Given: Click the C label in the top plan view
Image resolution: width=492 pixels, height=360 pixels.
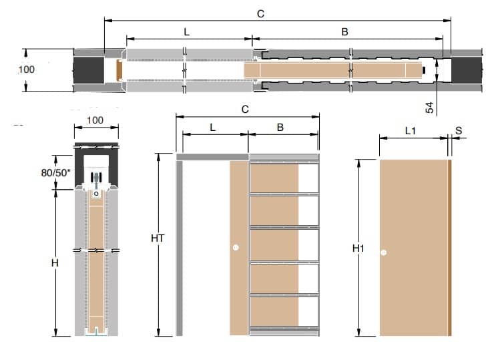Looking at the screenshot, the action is (x=260, y=14).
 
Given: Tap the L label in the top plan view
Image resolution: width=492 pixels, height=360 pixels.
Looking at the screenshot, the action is (x=187, y=32).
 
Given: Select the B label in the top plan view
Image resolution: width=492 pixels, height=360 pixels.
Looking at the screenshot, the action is (x=344, y=31).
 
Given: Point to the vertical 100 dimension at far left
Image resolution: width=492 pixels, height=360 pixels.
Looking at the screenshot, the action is (x=26, y=69).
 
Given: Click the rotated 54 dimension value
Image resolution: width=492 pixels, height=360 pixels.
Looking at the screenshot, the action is (x=429, y=108).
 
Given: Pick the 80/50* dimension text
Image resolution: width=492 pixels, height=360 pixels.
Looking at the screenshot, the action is (x=55, y=172).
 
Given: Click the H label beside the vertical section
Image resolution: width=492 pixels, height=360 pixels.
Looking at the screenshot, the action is (x=55, y=262).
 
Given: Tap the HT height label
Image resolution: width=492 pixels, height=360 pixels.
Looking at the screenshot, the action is (x=158, y=238).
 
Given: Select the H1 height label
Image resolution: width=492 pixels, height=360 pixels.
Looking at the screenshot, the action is (x=358, y=248).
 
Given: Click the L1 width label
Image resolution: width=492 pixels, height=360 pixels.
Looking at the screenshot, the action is (x=411, y=130).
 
